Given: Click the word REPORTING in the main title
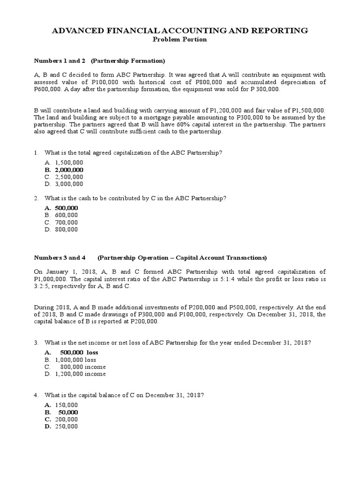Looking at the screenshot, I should (x=281, y=30).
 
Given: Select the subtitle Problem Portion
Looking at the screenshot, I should (x=180, y=39).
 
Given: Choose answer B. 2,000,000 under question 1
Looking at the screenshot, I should (x=64, y=170).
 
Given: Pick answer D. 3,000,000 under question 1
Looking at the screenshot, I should (x=64, y=184).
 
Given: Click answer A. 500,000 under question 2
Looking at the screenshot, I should (x=61, y=208).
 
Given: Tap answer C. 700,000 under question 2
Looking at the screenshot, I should (x=61, y=222).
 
